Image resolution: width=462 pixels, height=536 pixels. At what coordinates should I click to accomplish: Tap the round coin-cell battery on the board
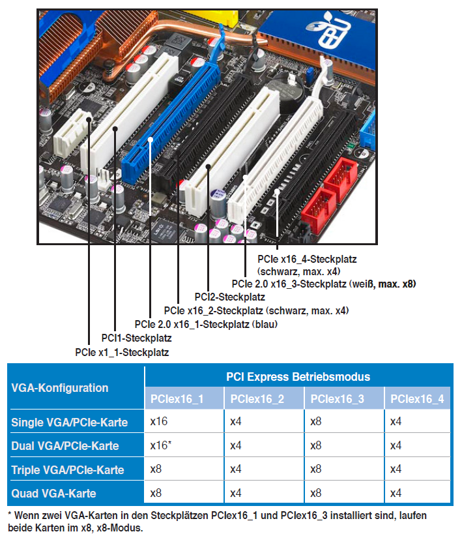click(x=286, y=93)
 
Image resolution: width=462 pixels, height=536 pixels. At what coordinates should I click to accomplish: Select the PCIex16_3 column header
click(x=337, y=399)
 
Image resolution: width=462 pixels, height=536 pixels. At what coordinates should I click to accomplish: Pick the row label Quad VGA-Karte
click(x=53, y=493)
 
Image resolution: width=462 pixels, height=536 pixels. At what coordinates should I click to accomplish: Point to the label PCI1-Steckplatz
click(x=136, y=338)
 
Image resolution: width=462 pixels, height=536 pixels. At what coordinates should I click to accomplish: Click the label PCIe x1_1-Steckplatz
click(x=122, y=352)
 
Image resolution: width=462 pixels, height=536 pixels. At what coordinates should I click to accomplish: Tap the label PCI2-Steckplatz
click(x=229, y=297)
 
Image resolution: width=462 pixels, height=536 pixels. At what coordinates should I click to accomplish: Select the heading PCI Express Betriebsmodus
click(x=298, y=377)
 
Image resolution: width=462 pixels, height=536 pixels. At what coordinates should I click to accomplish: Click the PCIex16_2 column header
click(x=257, y=399)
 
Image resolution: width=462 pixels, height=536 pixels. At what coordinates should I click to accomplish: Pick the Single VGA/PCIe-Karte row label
click(x=69, y=422)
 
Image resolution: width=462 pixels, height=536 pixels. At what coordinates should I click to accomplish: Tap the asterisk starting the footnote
click(x=10, y=514)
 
